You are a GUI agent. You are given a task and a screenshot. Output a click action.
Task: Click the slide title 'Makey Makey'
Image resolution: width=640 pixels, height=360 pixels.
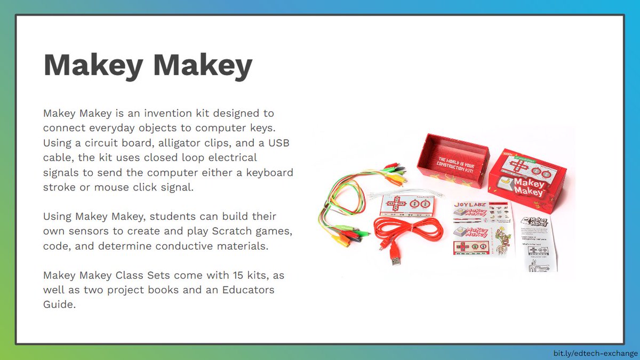[x=148, y=66]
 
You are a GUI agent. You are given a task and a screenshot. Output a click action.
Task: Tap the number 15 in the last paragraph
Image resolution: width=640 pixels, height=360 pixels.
[x=238, y=276]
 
